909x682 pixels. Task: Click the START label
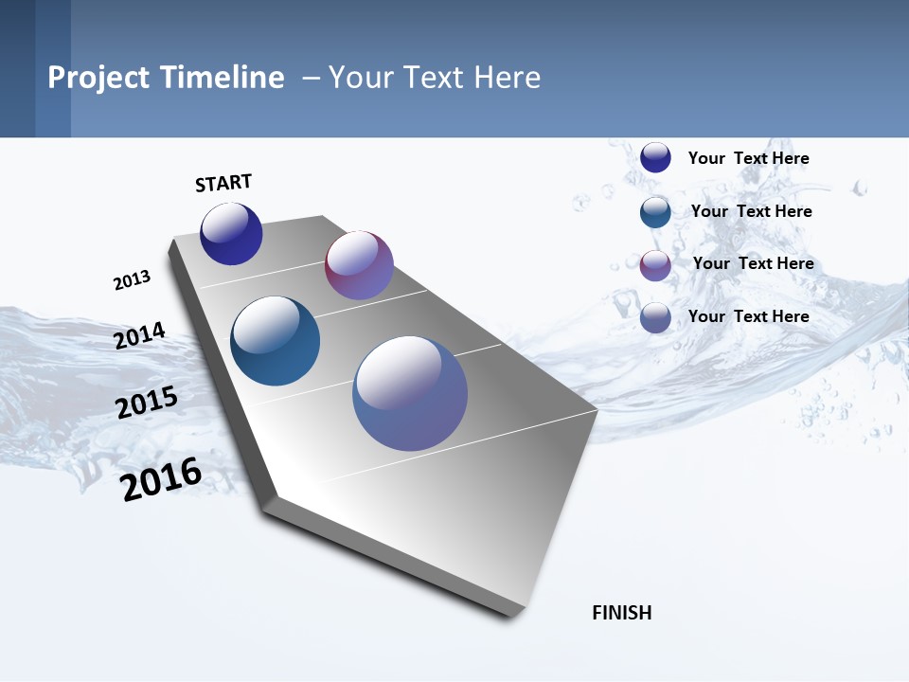coord(223,183)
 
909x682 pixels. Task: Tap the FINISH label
coord(622,613)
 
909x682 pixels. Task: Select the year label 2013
coord(132,280)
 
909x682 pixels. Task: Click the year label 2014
coord(139,335)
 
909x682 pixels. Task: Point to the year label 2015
coord(147,403)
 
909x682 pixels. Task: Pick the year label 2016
coord(161,479)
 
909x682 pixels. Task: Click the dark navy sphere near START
coord(231,234)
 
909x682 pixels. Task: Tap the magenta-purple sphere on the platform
coord(359,265)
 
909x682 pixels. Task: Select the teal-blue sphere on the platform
coord(275,341)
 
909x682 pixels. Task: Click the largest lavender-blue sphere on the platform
coord(410,393)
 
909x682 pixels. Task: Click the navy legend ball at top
coord(655,157)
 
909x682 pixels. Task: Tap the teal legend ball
coord(655,212)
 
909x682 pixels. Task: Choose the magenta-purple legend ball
coord(655,265)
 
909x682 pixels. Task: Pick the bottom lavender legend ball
coord(655,317)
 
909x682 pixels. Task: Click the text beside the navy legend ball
coord(748,158)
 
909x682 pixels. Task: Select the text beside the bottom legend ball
coord(748,316)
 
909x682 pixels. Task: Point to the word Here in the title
coord(507,78)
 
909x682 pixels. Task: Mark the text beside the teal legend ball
coord(751,211)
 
